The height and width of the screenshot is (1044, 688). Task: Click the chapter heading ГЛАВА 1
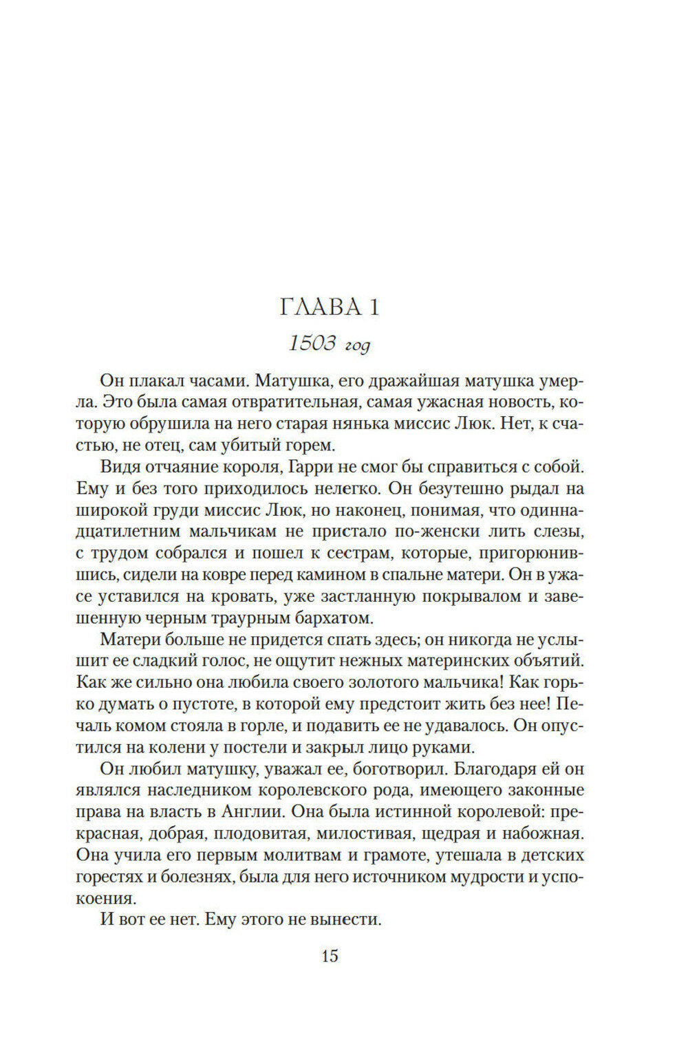(330, 307)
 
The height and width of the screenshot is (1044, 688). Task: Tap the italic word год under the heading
(357, 345)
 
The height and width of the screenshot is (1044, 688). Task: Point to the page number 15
(330, 955)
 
